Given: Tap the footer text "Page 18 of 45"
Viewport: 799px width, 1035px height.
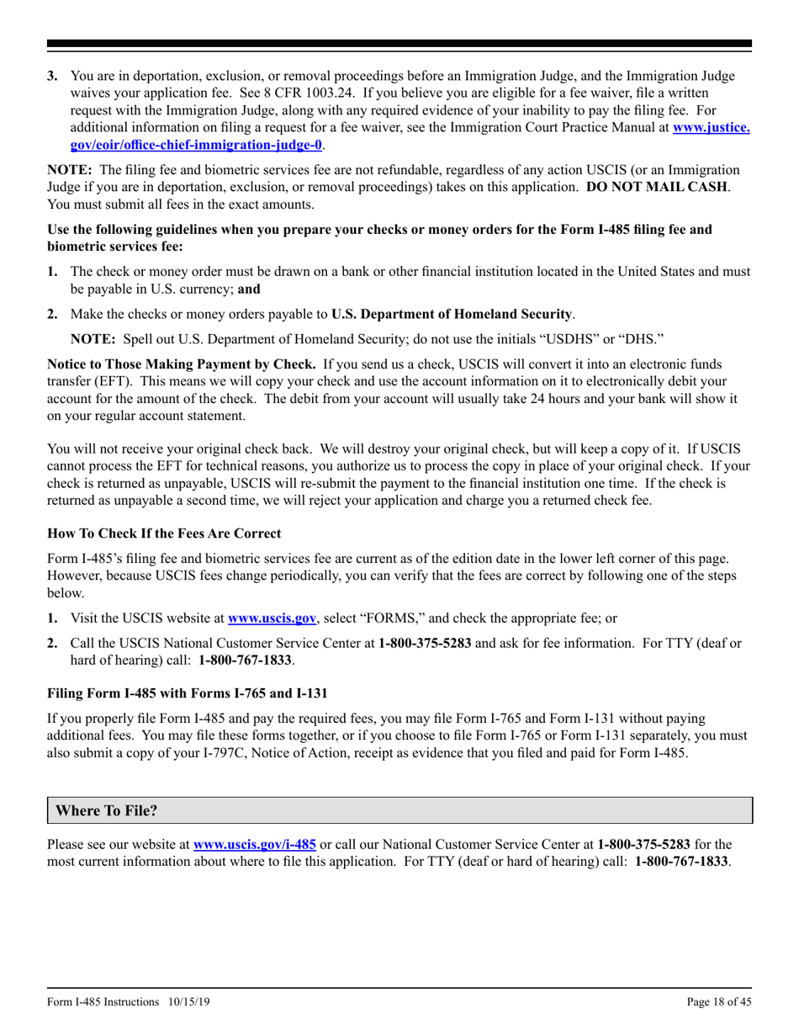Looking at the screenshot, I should point(717,1001).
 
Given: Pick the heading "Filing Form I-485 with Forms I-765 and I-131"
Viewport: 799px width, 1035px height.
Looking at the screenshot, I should point(187,693).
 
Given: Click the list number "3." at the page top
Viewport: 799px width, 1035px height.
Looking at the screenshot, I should point(52,76).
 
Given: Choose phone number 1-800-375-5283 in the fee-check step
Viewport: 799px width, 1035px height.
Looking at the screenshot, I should point(426,644).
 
